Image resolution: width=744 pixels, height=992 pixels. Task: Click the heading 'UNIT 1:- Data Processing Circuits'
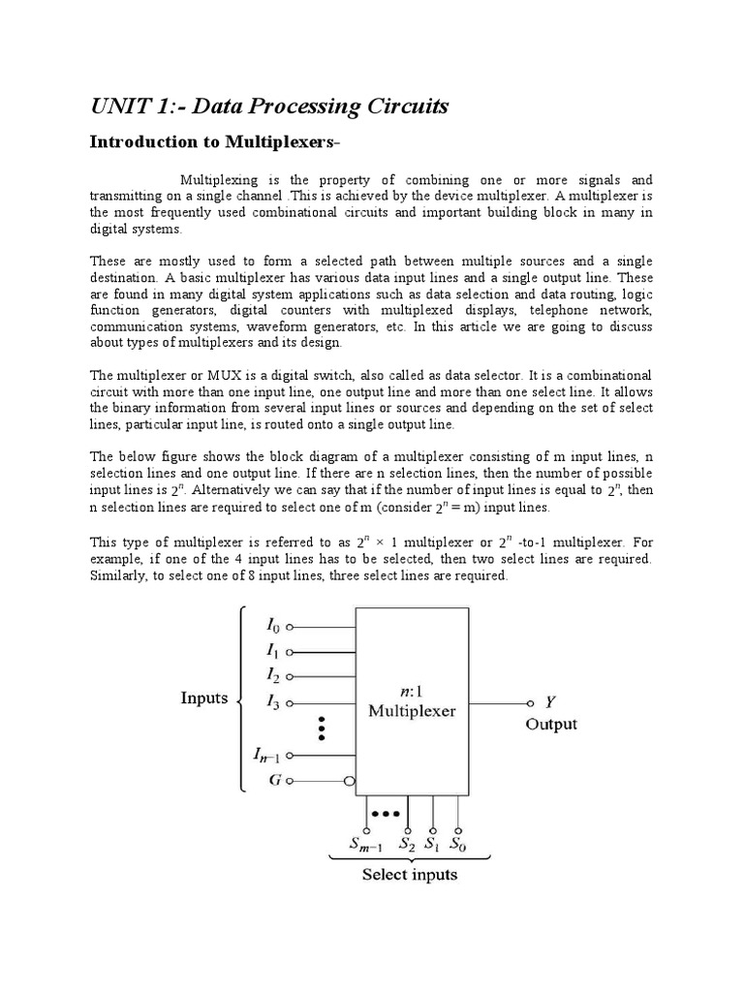[x=269, y=107]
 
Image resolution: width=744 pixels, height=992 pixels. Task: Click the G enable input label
[x=275, y=779]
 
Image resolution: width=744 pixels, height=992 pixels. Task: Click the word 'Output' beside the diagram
[x=551, y=725]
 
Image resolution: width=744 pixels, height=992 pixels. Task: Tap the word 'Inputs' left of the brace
[x=204, y=698]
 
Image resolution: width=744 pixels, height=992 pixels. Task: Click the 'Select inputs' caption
[x=410, y=876]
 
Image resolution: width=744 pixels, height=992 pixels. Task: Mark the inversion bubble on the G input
[x=351, y=780]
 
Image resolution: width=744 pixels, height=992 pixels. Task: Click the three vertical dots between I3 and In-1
[x=321, y=728]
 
